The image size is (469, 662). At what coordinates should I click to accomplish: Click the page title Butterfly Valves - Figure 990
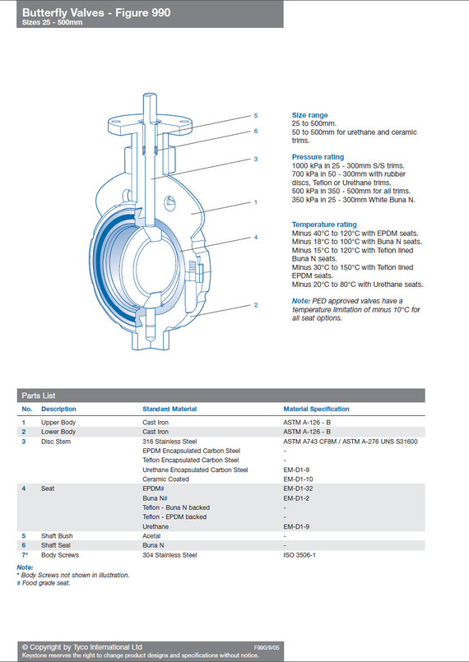tap(96, 13)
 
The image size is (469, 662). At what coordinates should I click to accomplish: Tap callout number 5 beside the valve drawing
tap(256, 116)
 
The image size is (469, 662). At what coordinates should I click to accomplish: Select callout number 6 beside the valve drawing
tap(256, 132)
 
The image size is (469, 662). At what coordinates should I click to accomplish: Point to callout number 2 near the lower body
tap(256, 305)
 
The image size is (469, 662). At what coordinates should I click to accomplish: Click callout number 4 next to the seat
tap(256, 238)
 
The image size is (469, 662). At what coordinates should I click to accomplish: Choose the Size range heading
tap(309, 115)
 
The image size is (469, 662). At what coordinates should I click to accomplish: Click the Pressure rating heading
tap(318, 157)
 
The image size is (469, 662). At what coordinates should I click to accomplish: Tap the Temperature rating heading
tap(324, 225)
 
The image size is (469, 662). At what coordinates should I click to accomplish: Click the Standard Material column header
tap(169, 409)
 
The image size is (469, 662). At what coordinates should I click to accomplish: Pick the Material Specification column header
tap(317, 409)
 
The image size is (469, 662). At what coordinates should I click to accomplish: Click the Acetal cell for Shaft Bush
tap(151, 535)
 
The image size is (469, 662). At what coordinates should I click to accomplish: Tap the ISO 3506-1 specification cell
tap(300, 555)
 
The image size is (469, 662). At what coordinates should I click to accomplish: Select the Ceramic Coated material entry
tap(165, 479)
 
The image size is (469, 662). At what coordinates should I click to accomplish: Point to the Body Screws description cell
tap(60, 555)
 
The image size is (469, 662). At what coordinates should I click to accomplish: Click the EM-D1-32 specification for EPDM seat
tap(298, 488)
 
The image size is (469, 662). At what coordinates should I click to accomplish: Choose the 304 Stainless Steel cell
tap(169, 555)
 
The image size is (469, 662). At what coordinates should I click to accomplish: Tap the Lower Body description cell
tap(58, 432)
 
